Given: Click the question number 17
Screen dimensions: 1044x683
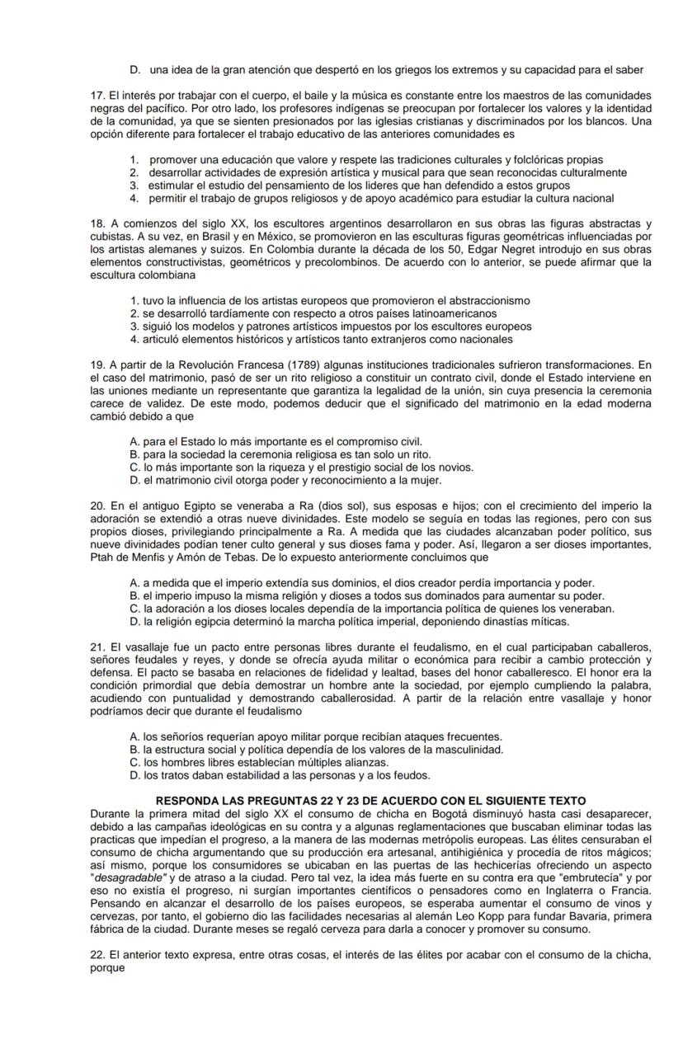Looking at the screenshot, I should coord(97,95).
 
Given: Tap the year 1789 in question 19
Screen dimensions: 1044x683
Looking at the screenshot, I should coord(302,364).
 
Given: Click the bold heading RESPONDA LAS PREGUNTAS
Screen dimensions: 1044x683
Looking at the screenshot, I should coord(237,801).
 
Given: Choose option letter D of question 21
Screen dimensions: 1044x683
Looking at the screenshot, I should coord(135,775).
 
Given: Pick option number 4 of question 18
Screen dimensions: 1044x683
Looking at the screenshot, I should coord(134,339).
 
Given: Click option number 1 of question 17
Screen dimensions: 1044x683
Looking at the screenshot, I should coord(134,159).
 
